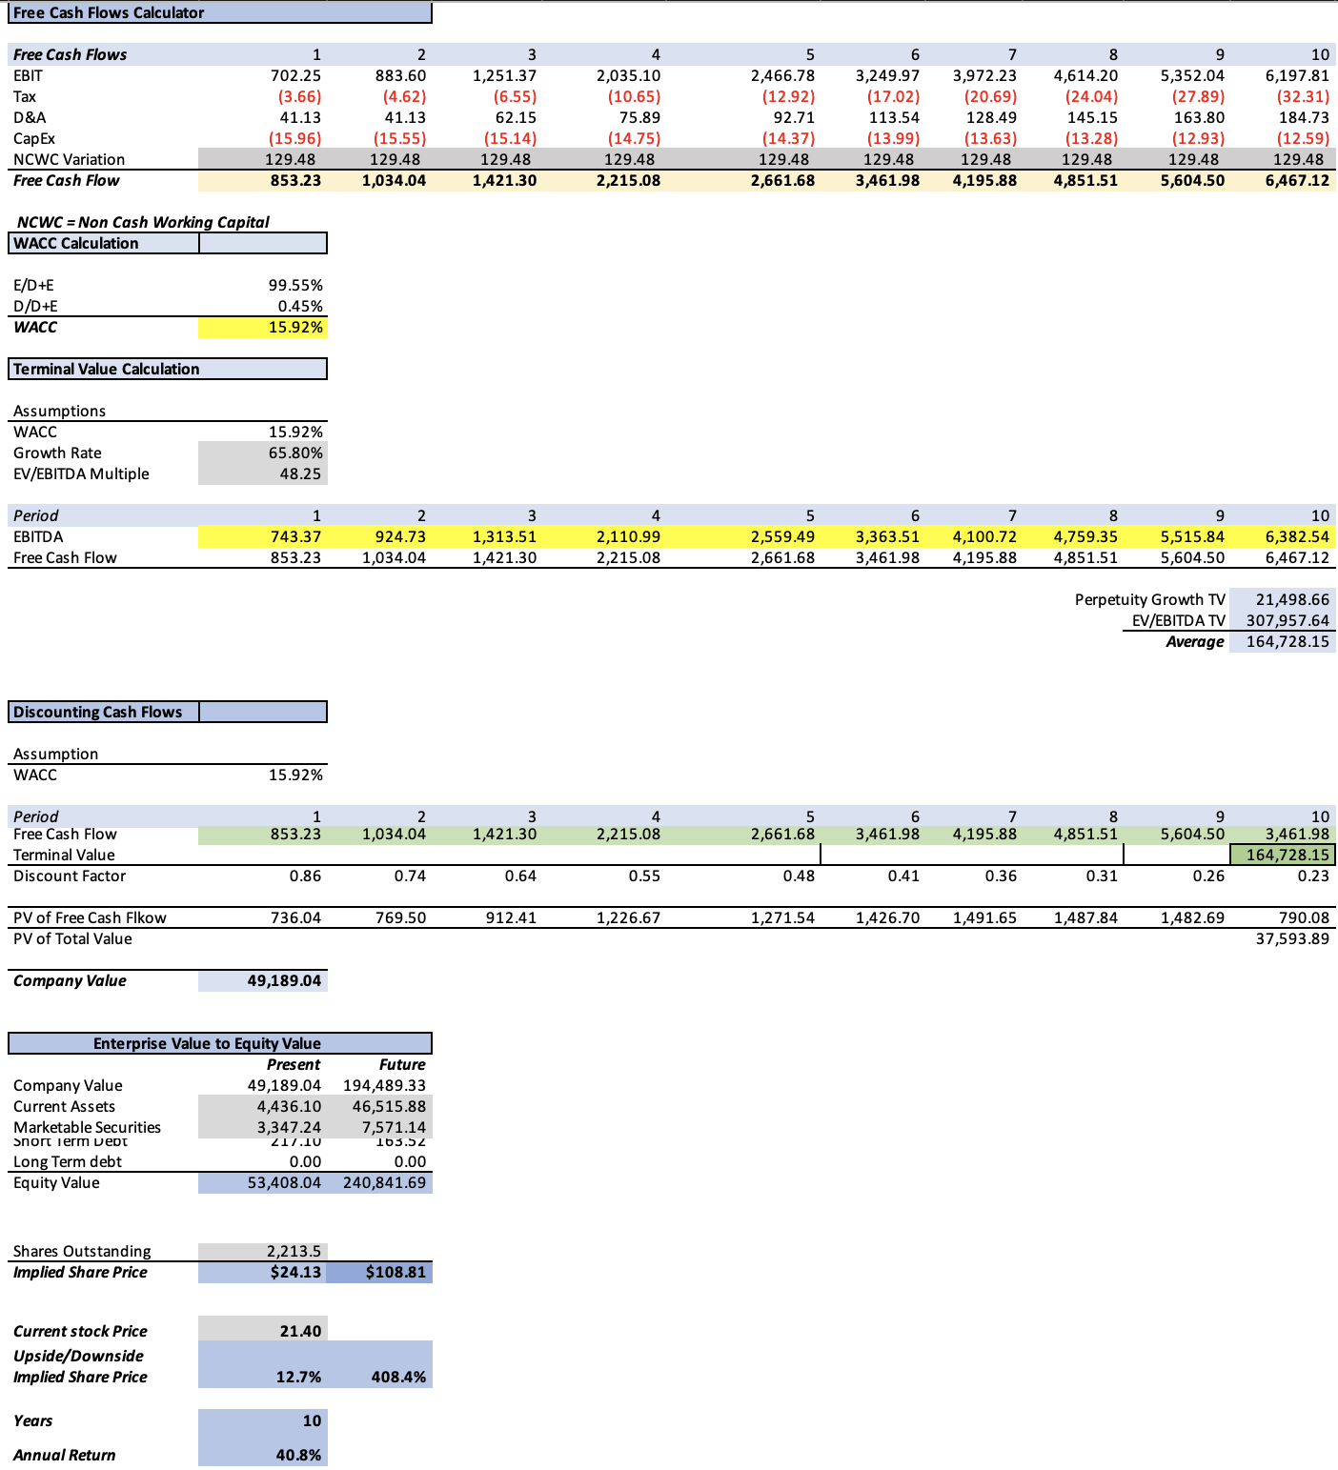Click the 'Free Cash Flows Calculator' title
click(109, 13)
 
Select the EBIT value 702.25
click(295, 76)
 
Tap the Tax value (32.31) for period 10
click(1302, 97)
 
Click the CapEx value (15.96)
click(294, 139)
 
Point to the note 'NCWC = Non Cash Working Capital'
click(143, 223)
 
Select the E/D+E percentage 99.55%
click(295, 286)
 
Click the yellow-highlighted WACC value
click(295, 328)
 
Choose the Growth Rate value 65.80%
click(295, 453)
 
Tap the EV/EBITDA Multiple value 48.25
click(301, 474)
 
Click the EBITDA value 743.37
click(295, 537)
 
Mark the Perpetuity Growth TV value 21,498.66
click(1291, 600)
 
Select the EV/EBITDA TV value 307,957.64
click(1287, 621)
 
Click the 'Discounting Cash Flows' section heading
click(97, 713)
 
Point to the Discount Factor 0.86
click(305, 876)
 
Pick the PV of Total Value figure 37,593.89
click(1292, 939)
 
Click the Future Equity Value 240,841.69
click(384, 1183)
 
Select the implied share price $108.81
click(395, 1273)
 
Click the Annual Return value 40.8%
click(298, 1456)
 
